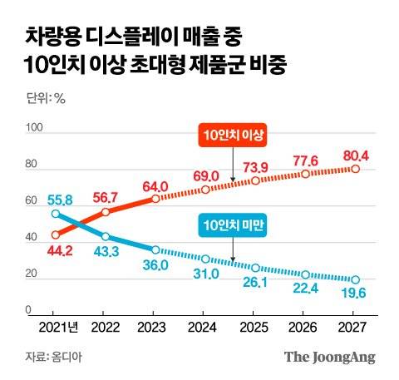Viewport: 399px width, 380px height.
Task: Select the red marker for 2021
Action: click(x=56, y=234)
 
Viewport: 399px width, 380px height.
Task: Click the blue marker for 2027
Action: click(x=356, y=279)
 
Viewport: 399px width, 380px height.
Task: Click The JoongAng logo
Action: click(x=330, y=357)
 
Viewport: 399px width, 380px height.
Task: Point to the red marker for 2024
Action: click(x=205, y=190)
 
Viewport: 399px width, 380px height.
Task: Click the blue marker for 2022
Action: click(x=106, y=236)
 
